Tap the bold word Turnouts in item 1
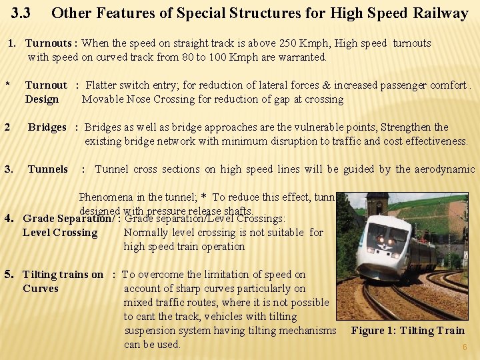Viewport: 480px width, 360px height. point(49,43)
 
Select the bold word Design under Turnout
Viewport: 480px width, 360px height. point(42,99)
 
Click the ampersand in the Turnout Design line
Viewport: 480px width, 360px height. point(327,85)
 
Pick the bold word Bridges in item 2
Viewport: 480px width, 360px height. point(47,127)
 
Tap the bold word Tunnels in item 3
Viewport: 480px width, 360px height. point(47,169)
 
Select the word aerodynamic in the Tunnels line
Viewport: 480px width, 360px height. point(445,169)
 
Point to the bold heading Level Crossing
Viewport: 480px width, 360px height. point(60,233)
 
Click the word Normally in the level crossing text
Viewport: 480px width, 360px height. point(146,233)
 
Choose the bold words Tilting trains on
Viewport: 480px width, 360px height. point(63,275)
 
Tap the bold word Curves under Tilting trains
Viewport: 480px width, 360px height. point(41,289)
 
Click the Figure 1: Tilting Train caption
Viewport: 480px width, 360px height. point(407,331)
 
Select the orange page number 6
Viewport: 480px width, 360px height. point(465,347)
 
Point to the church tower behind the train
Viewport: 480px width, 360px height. point(377,204)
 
